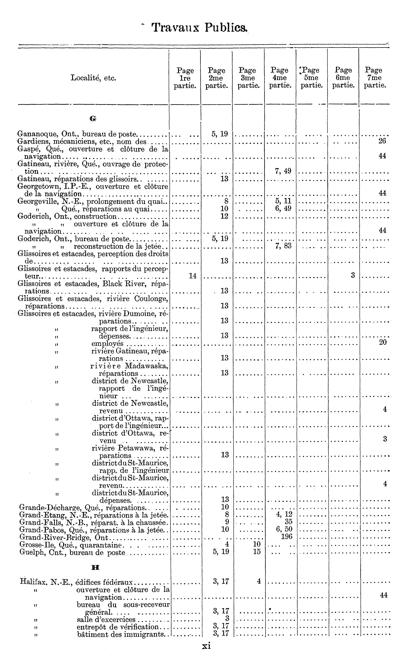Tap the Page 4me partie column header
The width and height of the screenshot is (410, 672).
click(x=280, y=78)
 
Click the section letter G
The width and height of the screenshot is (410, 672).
click(x=93, y=119)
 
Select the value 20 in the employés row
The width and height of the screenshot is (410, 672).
click(x=383, y=342)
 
